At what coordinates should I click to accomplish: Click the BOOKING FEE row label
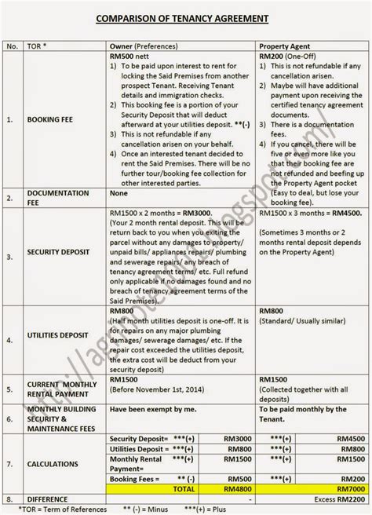coord(50,119)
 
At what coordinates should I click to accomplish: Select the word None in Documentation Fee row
coord(119,192)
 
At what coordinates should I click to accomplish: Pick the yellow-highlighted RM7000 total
coord(350,488)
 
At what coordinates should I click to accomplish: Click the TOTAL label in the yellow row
coord(182,488)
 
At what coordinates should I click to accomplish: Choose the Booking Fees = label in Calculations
coord(134,477)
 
